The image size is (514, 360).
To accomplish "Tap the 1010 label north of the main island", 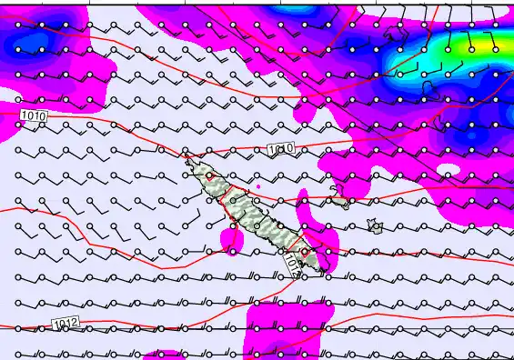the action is coord(281,148).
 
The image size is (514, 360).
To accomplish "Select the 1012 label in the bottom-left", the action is coord(66,323).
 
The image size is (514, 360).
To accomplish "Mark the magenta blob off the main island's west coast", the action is coord(231,238).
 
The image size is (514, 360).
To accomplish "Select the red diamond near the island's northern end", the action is coord(210,181).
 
